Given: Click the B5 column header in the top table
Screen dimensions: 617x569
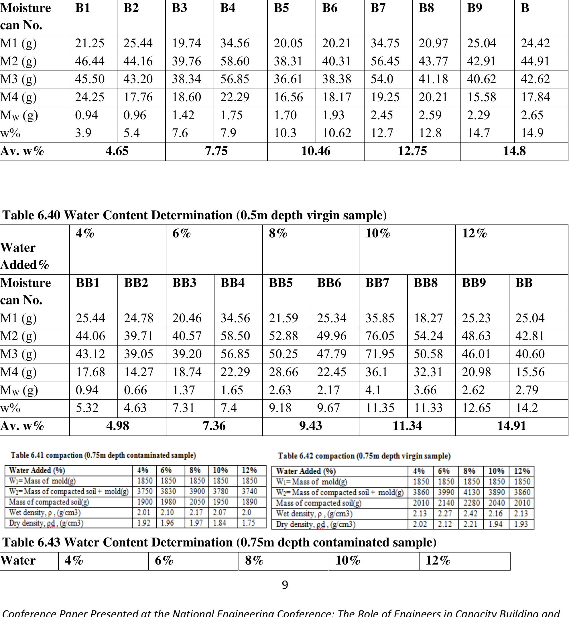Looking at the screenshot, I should (281, 8).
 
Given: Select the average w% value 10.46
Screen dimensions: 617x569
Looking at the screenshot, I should (316, 151).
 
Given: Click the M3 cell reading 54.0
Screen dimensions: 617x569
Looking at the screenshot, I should (382, 79).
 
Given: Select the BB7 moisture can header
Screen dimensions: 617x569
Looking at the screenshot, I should (377, 283).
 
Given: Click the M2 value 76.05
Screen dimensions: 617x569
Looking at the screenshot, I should (380, 336).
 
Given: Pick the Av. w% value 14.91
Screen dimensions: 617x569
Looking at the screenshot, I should (511, 426).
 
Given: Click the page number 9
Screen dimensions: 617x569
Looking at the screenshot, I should (285, 585).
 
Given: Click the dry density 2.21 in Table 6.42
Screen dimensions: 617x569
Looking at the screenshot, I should (470, 524).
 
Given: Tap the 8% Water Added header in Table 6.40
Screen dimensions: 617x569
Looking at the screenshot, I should (278, 233).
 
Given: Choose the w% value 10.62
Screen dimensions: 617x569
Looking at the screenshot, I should (336, 133).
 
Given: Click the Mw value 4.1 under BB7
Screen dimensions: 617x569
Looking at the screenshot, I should (373, 390).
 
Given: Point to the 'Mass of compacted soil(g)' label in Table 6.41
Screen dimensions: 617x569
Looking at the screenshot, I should (49, 502).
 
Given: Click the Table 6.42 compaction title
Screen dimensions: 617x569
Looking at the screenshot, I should (364, 456).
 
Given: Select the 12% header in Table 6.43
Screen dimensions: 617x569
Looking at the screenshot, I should (438, 560).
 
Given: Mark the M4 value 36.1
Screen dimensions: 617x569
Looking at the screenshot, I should (376, 372).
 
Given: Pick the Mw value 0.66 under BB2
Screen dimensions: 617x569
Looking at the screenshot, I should (135, 390).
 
